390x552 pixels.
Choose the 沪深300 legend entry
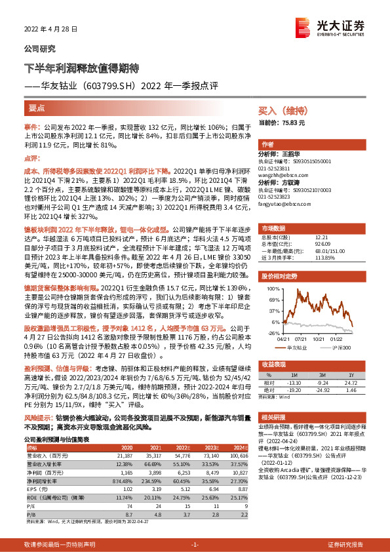point(343,347)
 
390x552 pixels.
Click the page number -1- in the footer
point(194,545)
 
